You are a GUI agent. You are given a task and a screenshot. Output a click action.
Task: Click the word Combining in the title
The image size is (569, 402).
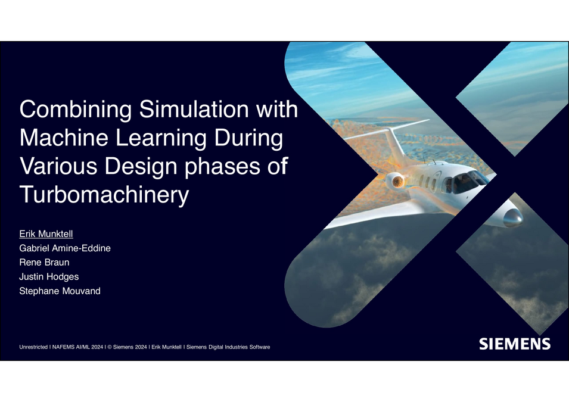click(x=75, y=111)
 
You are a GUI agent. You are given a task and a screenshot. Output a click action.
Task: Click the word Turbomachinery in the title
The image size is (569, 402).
click(x=104, y=195)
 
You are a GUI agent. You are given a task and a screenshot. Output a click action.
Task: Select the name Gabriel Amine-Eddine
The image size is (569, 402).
click(x=65, y=248)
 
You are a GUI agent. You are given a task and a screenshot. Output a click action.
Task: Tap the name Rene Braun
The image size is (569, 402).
click(x=44, y=263)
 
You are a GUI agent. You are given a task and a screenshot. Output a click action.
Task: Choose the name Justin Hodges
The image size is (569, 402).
click(x=49, y=277)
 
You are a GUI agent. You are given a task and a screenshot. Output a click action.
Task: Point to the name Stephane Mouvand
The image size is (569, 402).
click(x=60, y=291)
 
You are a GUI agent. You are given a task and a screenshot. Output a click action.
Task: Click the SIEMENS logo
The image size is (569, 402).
click(x=515, y=344)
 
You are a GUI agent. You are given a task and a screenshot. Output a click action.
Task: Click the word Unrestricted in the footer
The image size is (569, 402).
click(x=34, y=347)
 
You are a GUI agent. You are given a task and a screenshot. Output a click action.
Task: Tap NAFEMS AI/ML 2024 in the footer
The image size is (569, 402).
click(x=78, y=347)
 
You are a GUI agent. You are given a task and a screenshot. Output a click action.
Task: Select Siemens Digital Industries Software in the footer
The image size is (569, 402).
click(x=229, y=347)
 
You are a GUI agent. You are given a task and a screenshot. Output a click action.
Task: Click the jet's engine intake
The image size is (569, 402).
click(x=394, y=178)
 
